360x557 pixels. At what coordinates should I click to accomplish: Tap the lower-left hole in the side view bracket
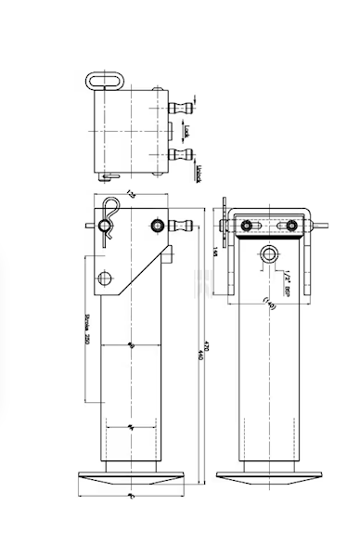point(108,277)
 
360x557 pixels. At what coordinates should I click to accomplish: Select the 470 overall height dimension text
point(202,353)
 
